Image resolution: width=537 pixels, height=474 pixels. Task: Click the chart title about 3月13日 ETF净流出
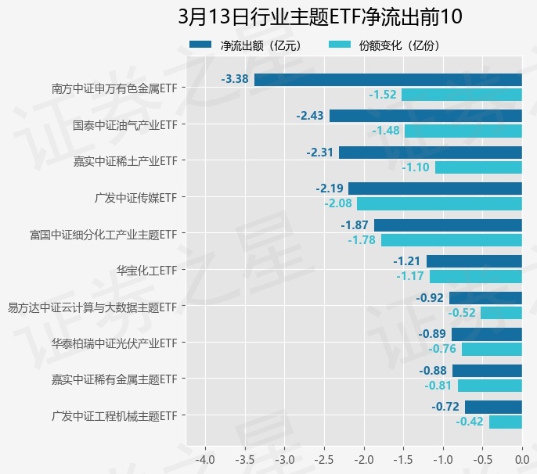coord(320,17)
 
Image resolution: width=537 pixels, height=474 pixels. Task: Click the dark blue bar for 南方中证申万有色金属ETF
coord(387,79)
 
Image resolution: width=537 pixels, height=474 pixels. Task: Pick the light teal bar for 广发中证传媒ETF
coord(439,203)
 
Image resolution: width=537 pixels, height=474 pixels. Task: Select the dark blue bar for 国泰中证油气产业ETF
coord(425,116)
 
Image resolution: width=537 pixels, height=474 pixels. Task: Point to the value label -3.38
coord(235,79)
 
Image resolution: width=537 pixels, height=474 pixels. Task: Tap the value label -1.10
coord(416,167)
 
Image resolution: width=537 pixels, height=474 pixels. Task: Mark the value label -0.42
coord(470,422)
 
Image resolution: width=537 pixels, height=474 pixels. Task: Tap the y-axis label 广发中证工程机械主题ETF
coord(114,415)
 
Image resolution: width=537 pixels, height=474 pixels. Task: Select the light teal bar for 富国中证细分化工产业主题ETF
coord(451,240)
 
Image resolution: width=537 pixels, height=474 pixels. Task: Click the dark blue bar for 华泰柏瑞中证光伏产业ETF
coord(486,334)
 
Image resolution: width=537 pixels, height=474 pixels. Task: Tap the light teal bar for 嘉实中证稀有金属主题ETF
coord(489,386)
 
